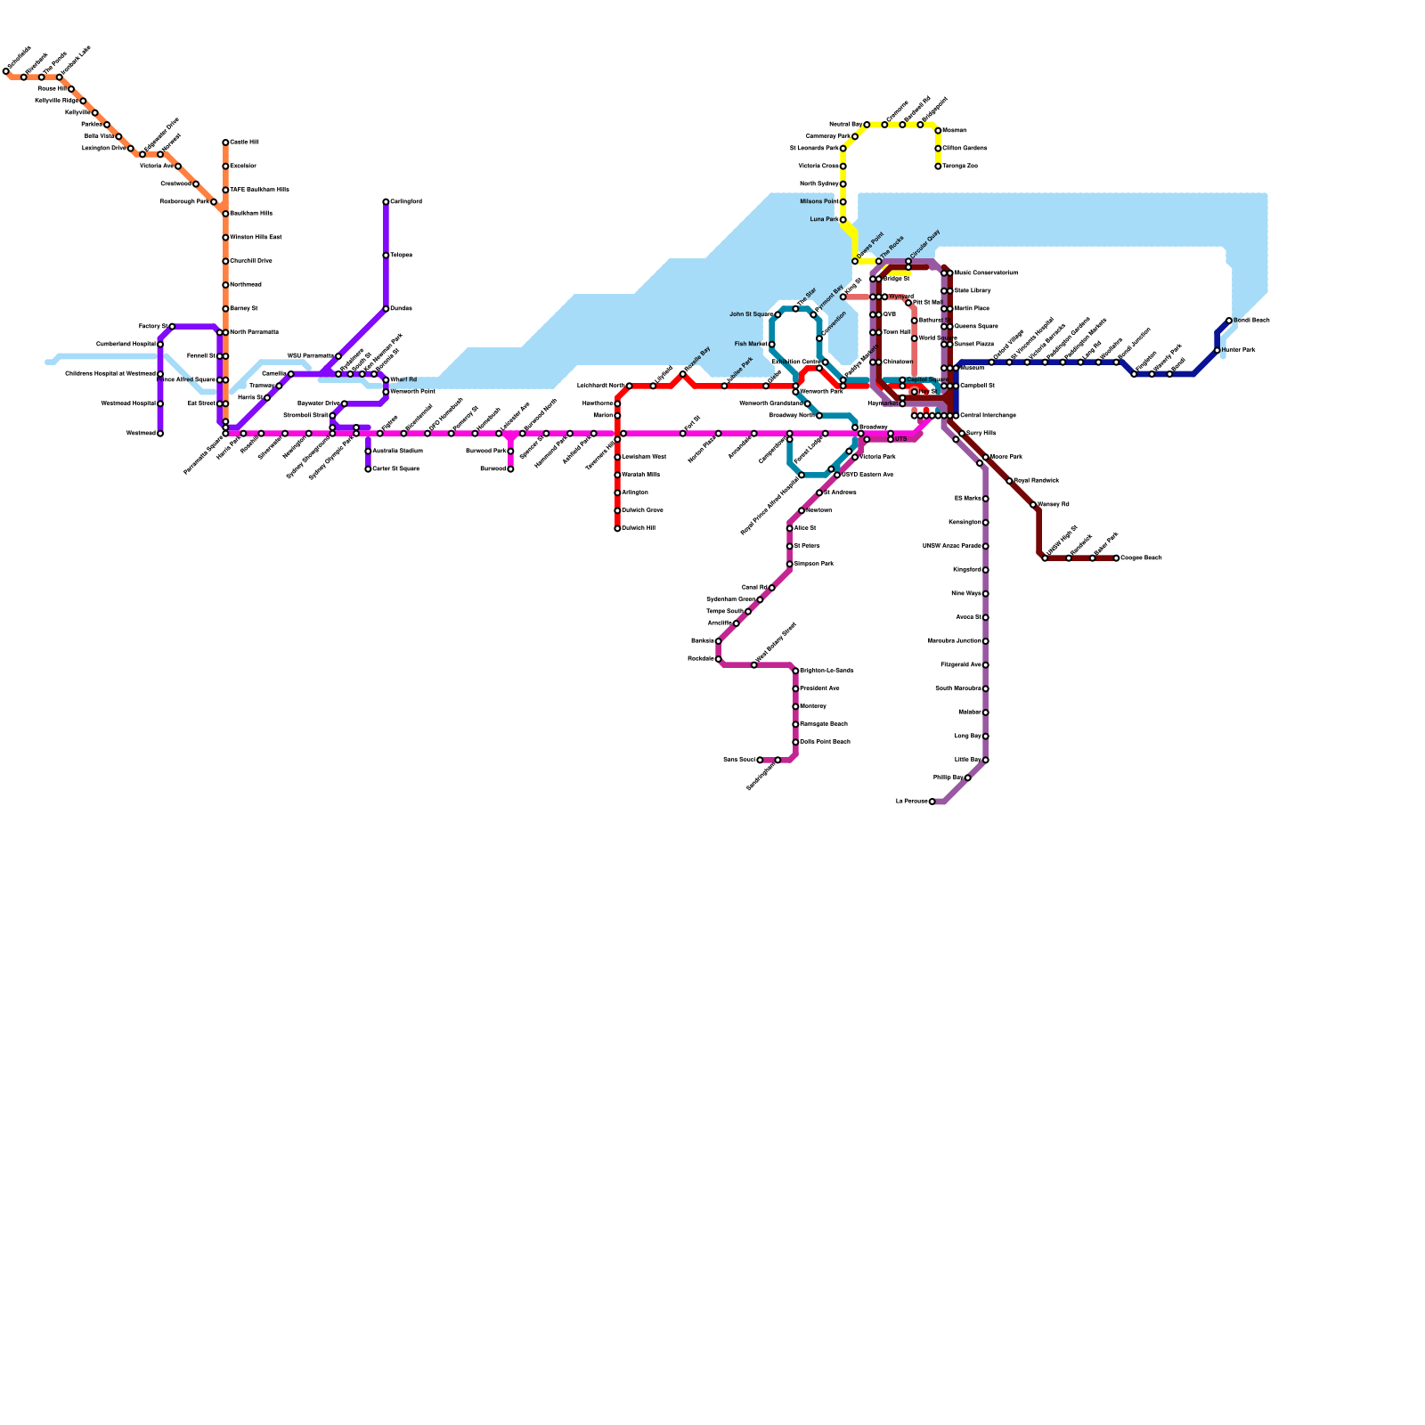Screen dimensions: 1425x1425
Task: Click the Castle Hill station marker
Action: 225,142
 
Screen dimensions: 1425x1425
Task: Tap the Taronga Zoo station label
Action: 960,167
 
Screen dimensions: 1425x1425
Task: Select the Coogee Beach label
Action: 1141,558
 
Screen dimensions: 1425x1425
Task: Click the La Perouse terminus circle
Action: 932,802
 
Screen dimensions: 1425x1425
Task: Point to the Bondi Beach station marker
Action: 1229,321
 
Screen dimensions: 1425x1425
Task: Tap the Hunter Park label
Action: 1239,350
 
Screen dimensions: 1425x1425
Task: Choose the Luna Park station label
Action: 824,219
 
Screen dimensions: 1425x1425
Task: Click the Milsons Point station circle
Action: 843,202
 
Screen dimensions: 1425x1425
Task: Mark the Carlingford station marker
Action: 386,202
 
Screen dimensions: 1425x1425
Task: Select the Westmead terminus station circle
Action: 160,434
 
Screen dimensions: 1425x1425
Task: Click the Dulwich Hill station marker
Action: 617,528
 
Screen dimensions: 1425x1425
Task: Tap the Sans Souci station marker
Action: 760,760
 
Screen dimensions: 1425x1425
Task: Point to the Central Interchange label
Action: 988,416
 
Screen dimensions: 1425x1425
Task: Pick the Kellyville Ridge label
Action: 57,102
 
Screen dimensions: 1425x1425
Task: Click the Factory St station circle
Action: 172,327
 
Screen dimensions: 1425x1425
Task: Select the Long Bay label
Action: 968,737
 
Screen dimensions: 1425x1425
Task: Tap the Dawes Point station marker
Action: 855,261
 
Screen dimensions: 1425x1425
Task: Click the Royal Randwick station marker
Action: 1009,481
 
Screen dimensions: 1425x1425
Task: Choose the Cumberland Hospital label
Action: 126,344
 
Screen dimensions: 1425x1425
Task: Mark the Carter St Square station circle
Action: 368,469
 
